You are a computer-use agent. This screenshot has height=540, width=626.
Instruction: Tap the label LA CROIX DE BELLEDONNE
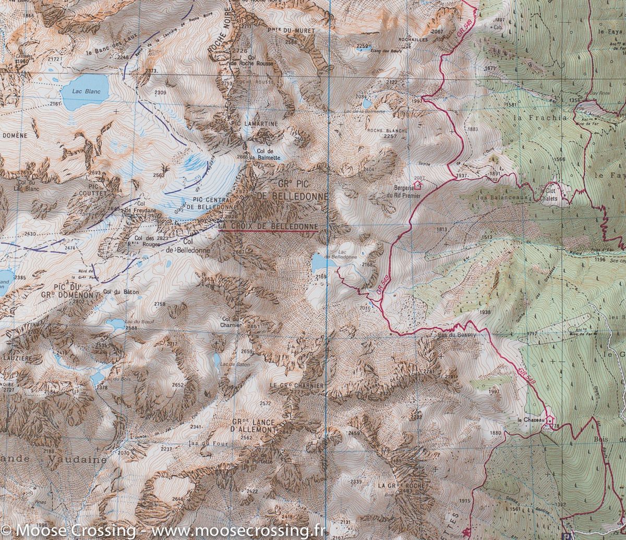pos(268,226)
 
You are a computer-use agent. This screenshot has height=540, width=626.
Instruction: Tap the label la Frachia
pos(540,117)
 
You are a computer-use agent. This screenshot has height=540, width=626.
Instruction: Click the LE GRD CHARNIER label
pos(297,385)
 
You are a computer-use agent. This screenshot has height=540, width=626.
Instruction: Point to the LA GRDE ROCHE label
pos(401,486)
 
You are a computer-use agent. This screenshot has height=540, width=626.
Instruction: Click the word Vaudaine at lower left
pos(77,460)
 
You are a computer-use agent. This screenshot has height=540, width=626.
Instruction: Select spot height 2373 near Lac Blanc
pos(152,70)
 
